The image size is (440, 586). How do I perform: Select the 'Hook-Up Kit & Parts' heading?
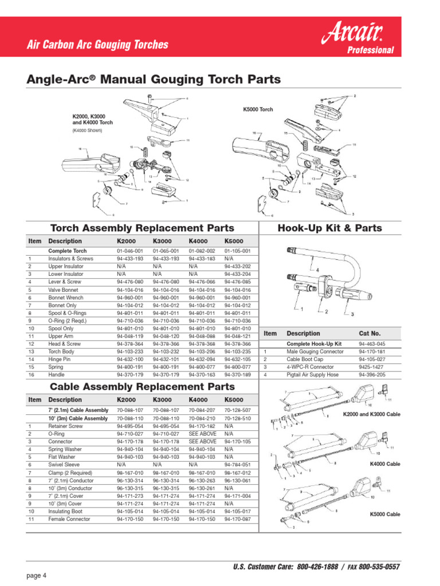point(329,228)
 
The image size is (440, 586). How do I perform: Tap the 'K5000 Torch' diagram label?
point(258,109)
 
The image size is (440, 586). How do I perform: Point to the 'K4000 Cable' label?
point(386,464)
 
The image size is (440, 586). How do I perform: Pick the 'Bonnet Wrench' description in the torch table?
point(65,298)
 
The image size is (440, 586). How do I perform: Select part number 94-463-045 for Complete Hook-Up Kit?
point(372,343)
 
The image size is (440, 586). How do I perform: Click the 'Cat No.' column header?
point(370,333)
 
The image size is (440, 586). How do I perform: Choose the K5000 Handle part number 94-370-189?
point(238,374)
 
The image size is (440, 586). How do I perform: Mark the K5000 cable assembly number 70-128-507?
point(238,410)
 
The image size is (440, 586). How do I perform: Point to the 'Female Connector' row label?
point(69,519)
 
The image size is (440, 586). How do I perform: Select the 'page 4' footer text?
point(36,575)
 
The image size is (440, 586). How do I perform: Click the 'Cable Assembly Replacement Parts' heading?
point(143,387)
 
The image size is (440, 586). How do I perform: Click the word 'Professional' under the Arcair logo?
point(371,50)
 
